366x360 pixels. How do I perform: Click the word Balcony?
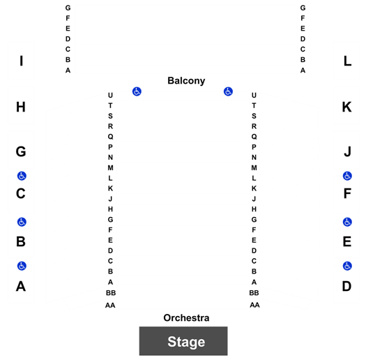[x=186, y=81]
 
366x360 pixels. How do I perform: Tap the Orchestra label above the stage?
[x=186, y=317]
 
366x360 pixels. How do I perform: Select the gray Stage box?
[x=183, y=341]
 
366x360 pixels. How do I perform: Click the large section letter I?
[x=21, y=61]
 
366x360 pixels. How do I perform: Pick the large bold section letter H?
[x=21, y=107]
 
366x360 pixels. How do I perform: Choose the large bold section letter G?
[x=21, y=151]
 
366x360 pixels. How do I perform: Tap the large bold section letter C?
[x=21, y=193]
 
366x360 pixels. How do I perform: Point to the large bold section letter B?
[x=21, y=241]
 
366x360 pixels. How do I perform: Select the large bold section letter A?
[x=21, y=286]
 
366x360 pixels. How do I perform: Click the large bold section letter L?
[x=347, y=61]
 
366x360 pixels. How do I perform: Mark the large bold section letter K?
[x=347, y=107]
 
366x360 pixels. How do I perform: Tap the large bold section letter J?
[x=348, y=151]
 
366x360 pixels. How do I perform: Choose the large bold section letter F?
[x=347, y=193]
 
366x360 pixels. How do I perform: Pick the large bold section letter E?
[x=347, y=241]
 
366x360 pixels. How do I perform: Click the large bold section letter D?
[x=347, y=286]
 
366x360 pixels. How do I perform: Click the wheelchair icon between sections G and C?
[x=22, y=176]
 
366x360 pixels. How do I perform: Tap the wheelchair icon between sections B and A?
[x=22, y=266]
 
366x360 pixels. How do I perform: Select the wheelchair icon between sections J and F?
[x=347, y=176]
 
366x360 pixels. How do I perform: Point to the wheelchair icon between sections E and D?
[x=347, y=266]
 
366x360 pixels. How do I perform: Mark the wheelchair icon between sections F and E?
[x=347, y=222]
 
